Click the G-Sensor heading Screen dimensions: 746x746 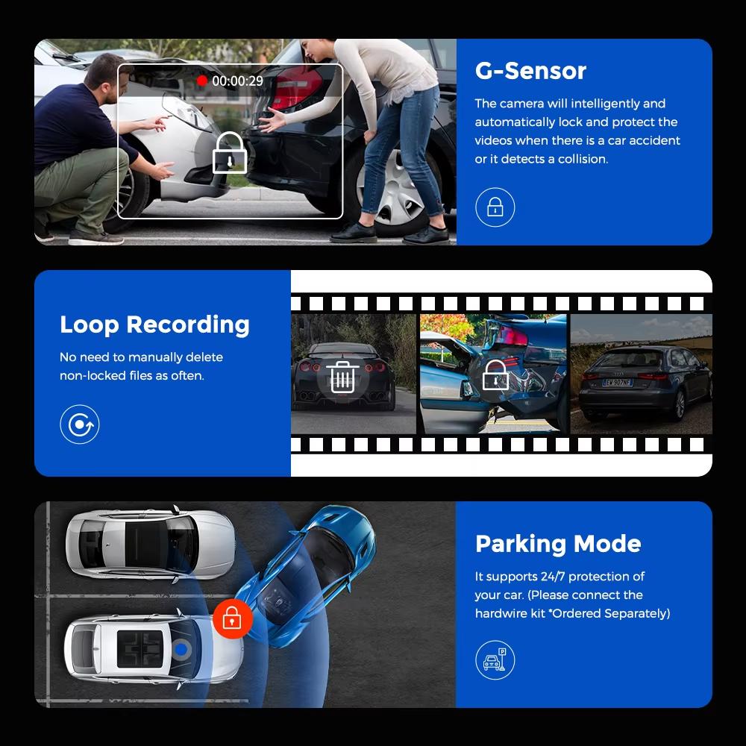530,71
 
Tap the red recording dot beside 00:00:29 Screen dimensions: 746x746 201,81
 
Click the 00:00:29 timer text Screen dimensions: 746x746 237,81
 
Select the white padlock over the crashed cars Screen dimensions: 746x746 230,154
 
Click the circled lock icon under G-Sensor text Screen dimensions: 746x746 495,207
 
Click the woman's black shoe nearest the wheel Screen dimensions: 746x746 354,233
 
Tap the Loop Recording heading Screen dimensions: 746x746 154,325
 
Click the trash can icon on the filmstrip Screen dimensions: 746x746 342,377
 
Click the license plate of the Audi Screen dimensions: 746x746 617,383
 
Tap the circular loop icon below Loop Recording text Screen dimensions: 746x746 79,424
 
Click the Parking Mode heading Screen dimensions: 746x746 558,543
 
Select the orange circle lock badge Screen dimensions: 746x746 232,618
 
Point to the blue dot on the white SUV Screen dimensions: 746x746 182,651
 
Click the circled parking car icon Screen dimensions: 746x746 495,659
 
